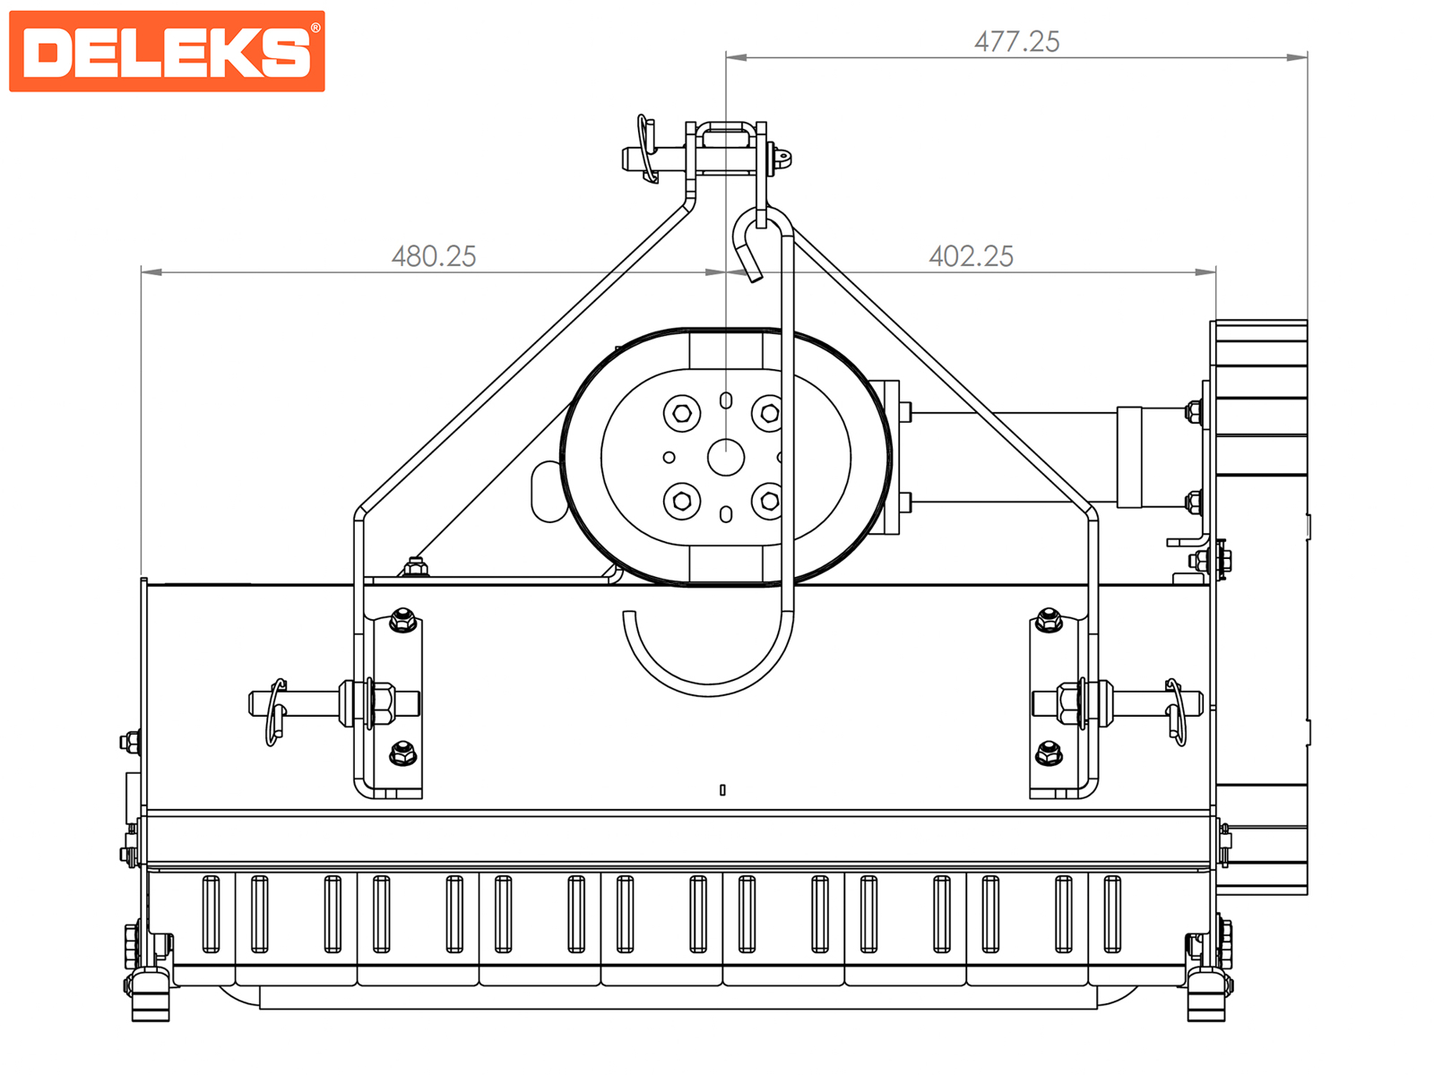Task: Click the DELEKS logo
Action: (x=167, y=51)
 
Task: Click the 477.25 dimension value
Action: (x=1016, y=42)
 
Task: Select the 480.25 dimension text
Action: (x=434, y=256)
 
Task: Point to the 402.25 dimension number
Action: (x=971, y=256)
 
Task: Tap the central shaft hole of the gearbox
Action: (x=726, y=457)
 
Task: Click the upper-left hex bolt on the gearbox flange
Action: (x=681, y=413)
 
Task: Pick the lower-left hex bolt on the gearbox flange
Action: (x=681, y=502)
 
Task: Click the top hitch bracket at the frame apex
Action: (x=725, y=149)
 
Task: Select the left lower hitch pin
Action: (x=333, y=703)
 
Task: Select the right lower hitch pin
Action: (x=1117, y=703)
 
